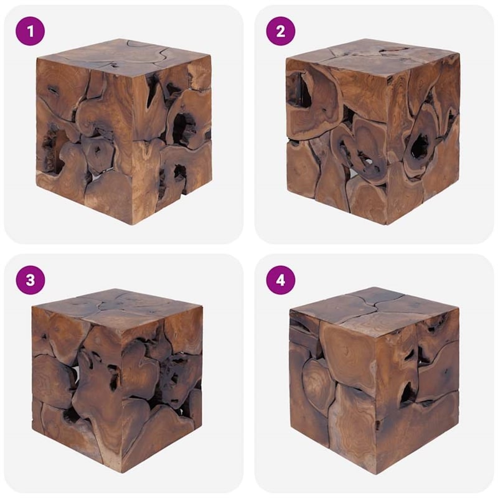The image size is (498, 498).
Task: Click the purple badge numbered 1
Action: tap(31, 31)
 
